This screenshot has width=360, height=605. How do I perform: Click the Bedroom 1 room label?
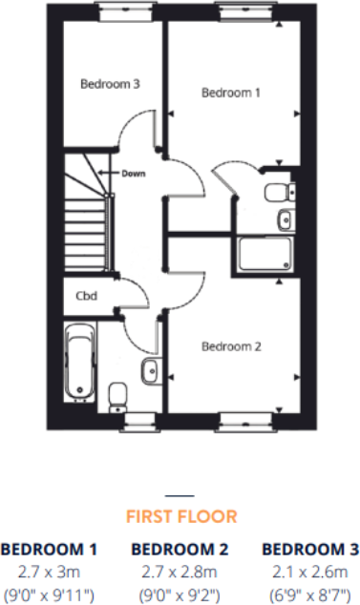[x=230, y=93]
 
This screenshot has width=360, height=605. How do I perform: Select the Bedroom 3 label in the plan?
[x=110, y=84]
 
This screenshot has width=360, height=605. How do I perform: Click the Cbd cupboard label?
[x=86, y=295]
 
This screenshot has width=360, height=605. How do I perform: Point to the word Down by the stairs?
[x=134, y=173]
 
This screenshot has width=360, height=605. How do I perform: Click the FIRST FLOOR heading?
[x=180, y=516]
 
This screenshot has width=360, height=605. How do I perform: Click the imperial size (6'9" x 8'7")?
[x=310, y=592]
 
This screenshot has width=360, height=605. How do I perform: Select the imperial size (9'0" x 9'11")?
[x=50, y=592]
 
